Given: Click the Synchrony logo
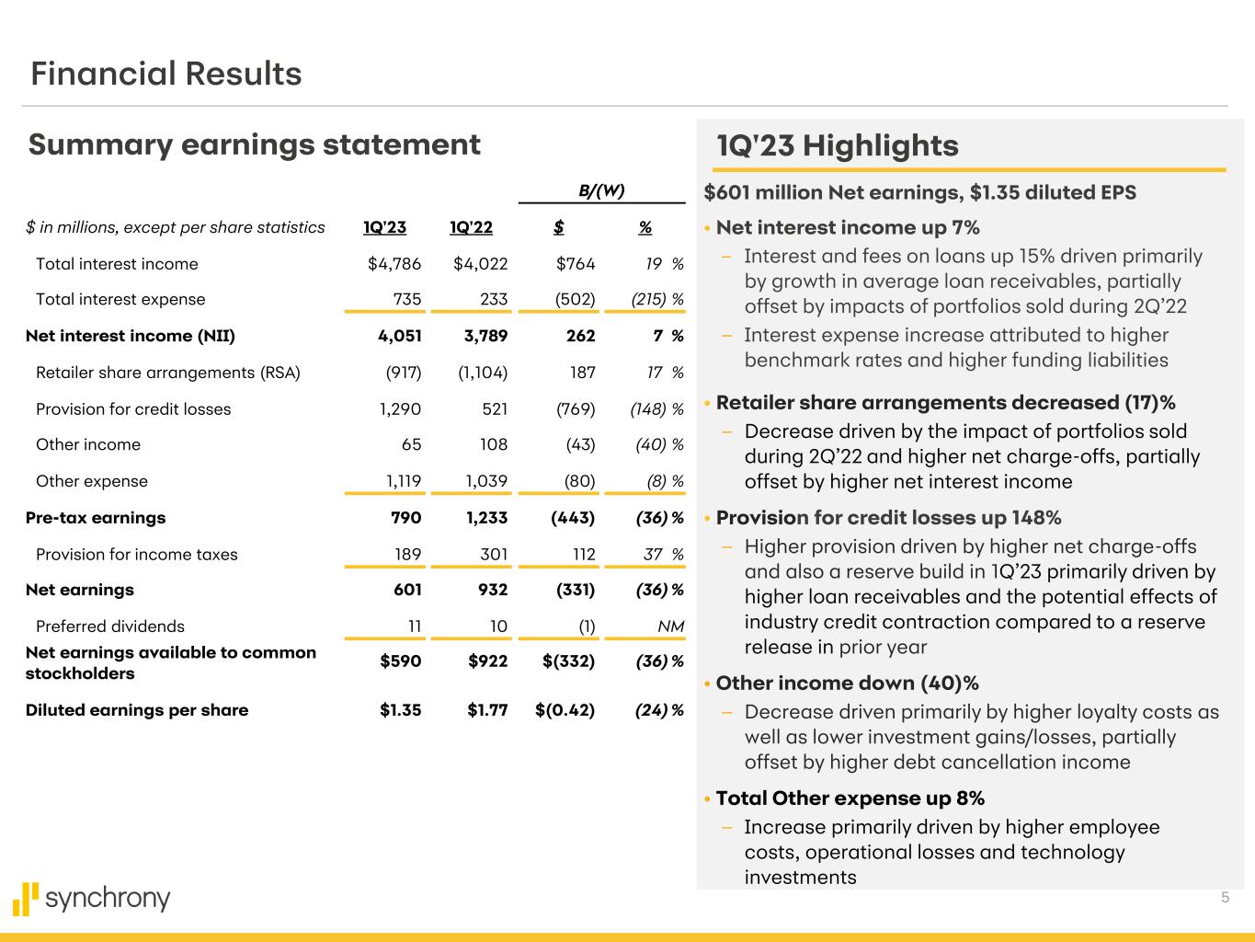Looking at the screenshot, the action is click(91, 899).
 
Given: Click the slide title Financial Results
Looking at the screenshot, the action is click(165, 74).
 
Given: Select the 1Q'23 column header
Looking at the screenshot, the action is click(385, 227).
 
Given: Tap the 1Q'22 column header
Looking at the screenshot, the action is click(471, 227).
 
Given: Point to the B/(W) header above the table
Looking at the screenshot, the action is click(601, 190).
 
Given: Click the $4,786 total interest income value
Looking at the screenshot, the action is click(394, 264).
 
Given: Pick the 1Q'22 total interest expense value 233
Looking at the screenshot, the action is click(494, 299).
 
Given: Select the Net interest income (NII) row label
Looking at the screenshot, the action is click(131, 336).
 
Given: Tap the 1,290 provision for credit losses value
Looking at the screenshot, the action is click(400, 409).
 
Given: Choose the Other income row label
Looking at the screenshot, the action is click(88, 444).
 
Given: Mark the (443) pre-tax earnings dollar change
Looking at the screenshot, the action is click(573, 518).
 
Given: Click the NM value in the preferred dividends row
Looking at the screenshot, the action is click(670, 626).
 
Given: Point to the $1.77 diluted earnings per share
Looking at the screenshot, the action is click(487, 710).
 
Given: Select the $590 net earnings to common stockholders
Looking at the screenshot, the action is click(400, 661).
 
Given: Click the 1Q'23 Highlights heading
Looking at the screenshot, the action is click(838, 145).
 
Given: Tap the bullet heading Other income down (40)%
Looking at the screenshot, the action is click(848, 683).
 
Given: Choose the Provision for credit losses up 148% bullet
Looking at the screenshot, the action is click(888, 518).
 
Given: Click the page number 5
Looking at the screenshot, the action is click(1225, 897).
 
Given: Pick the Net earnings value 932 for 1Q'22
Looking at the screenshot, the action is click(493, 590).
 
